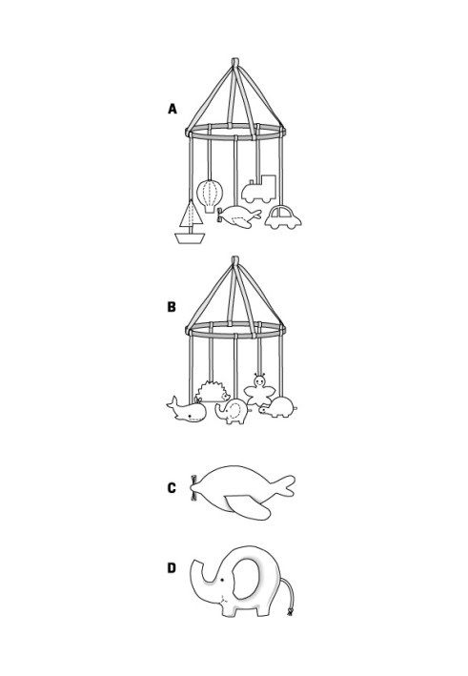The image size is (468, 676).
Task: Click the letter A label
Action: tap(173, 109)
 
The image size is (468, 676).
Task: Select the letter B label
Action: tap(172, 307)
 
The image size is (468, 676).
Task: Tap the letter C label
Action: tap(172, 487)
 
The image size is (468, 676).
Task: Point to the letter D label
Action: tap(172, 568)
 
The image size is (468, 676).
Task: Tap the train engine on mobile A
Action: tap(258, 189)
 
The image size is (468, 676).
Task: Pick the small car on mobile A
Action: tap(283, 217)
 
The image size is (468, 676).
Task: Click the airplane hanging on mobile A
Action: tap(239, 216)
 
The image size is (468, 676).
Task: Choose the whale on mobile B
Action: tap(187, 409)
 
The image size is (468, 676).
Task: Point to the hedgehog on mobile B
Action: tap(213, 392)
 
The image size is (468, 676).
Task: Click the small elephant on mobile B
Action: tap(233, 411)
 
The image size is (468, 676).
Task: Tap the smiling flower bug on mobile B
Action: tap(259, 390)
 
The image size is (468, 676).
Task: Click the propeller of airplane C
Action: tap(193, 488)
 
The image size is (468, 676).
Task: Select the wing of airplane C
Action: tap(249, 507)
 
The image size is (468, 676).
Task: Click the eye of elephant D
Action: tap(222, 581)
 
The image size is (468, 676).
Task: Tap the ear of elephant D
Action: tap(246, 578)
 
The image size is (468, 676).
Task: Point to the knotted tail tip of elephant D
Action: tap(290, 612)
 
